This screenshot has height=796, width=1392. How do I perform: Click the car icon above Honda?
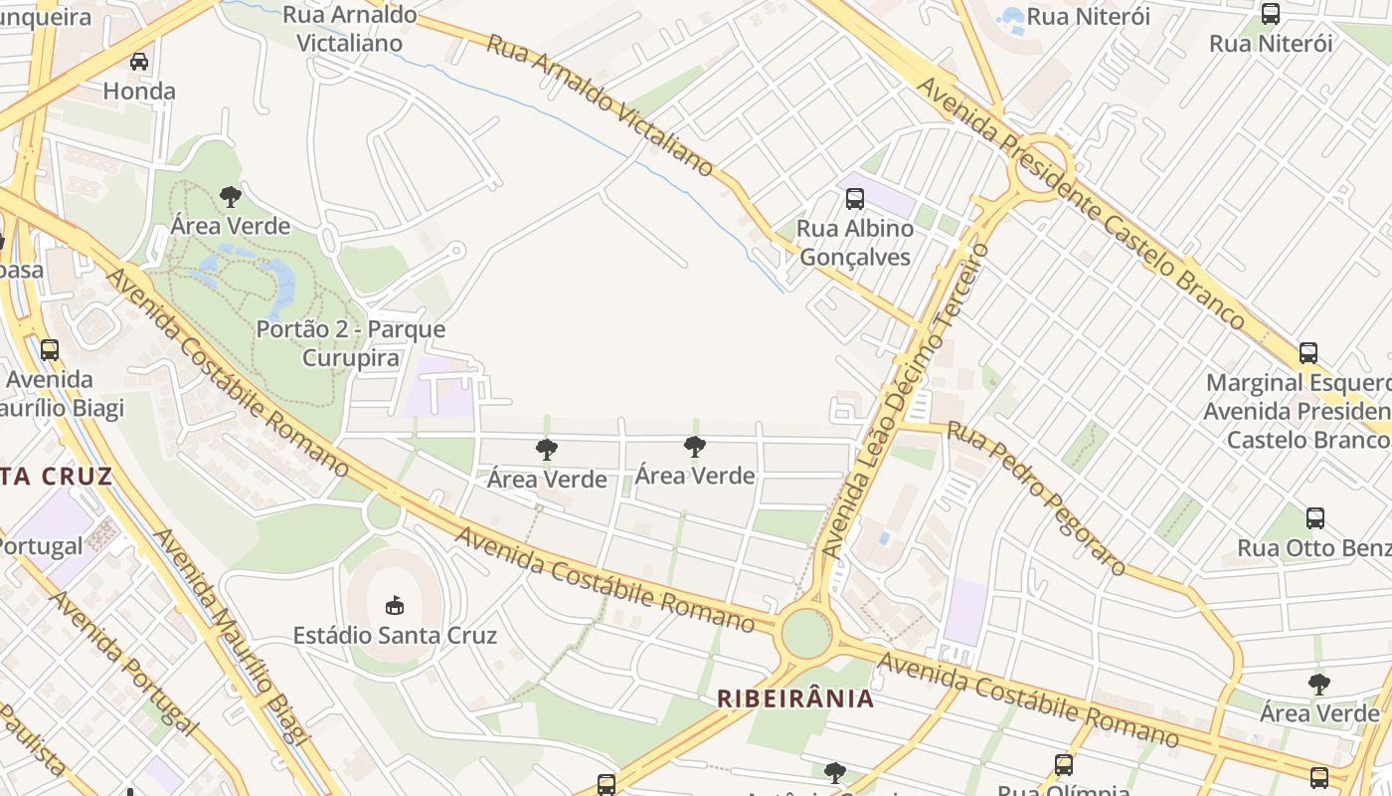coord(139,62)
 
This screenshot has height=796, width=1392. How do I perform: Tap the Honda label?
coord(139,92)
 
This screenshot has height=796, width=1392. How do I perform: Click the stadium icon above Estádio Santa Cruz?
coord(395,605)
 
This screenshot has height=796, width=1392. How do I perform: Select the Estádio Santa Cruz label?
coord(395,635)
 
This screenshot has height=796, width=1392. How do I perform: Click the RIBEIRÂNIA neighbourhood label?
coord(796,698)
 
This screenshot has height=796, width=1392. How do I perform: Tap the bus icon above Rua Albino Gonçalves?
coord(855,198)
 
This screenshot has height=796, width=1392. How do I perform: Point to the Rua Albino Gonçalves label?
coord(855,243)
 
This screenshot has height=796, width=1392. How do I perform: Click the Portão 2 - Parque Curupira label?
coord(351,343)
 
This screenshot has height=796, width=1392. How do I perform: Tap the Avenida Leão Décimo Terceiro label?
coord(906,398)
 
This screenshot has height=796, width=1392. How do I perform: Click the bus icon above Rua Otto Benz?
coord(1315,518)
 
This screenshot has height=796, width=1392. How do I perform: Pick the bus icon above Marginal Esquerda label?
coord(1308,353)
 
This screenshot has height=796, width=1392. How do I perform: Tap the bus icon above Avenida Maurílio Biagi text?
coord(50,350)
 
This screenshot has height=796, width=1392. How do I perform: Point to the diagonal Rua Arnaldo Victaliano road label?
coord(601,104)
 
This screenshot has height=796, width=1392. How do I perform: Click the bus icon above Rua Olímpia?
coord(1064,764)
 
